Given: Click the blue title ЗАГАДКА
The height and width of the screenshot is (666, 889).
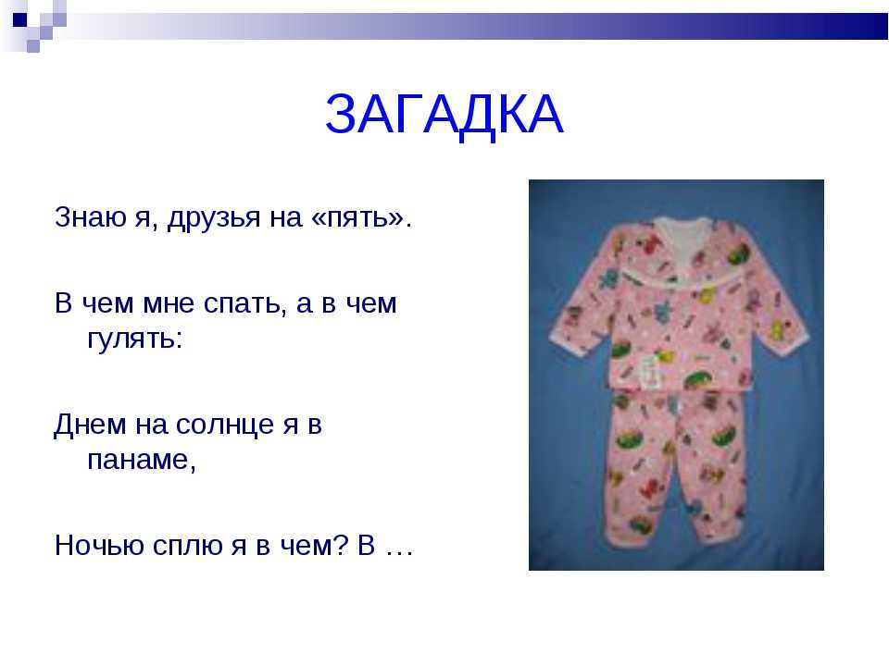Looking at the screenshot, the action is tap(444, 115).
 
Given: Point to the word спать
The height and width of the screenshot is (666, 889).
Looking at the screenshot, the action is tap(242, 304).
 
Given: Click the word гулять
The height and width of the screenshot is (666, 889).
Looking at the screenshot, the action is tap(135, 339).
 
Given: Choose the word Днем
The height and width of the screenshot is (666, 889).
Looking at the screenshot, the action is tap(90, 425).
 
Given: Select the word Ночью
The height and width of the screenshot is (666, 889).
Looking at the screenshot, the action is tap(99, 546).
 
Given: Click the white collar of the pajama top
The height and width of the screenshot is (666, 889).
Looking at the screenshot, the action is tap(681, 243).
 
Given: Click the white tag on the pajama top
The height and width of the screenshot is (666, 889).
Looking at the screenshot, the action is tap(650, 371).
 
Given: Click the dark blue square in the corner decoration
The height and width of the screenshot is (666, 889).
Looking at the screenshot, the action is tap(19, 19).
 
